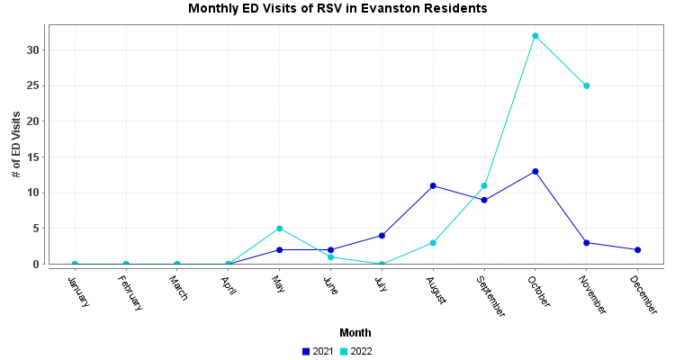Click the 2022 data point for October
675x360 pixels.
[x=535, y=36]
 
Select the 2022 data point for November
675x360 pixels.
[x=587, y=85]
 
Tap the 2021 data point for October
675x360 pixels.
[x=535, y=171]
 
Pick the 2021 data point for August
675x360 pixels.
[x=433, y=185]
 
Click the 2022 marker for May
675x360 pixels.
[x=279, y=229]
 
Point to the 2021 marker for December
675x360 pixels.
[x=638, y=249]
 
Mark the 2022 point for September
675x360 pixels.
[x=484, y=185]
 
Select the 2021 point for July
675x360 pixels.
[x=382, y=236]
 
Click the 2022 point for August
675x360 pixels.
[x=433, y=243]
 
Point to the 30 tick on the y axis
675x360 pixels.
[x=33, y=50]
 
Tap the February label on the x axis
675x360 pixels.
[x=130, y=293]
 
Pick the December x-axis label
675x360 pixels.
[x=643, y=294]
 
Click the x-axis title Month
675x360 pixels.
[x=355, y=332]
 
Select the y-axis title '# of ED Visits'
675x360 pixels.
[x=16, y=144]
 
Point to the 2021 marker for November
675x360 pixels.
[x=587, y=243]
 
